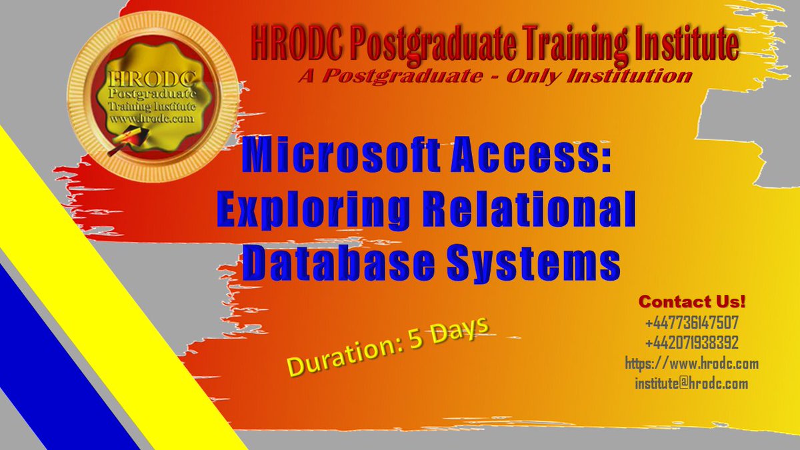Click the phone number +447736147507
pyautogui.click(x=691, y=323)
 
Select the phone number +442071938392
pyautogui.click(x=691, y=343)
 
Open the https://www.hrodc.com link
pyautogui.click(x=691, y=364)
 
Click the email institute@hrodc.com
pyautogui.click(x=691, y=384)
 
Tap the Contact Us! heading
pyautogui.click(x=691, y=301)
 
